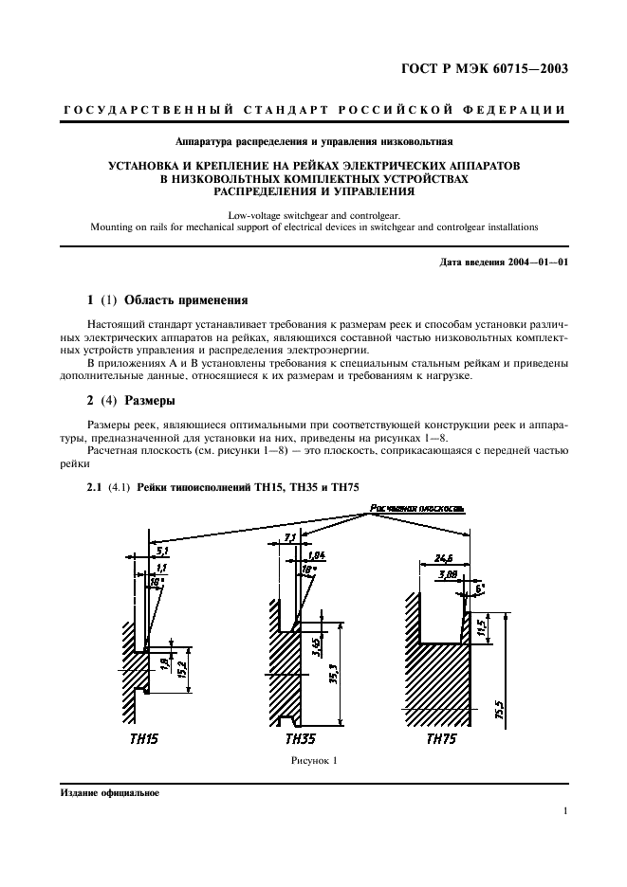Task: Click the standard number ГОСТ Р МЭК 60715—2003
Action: tap(485, 69)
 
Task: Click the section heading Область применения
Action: tap(186, 299)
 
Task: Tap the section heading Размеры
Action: tap(150, 401)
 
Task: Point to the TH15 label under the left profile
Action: tap(144, 739)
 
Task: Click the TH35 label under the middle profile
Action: tap(300, 739)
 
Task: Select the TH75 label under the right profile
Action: tap(441, 739)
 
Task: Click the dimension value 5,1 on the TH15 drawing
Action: tap(161, 550)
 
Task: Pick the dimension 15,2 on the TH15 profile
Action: tap(181, 671)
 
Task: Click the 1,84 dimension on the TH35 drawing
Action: tap(317, 555)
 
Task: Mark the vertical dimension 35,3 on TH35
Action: tap(334, 675)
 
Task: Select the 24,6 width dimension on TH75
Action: tap(444, 558)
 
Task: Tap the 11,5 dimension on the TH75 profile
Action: tap(482, 628)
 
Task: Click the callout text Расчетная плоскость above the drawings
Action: tap(417, 509)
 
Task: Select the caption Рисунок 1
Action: tap(314, 761)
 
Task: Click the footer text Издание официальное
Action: tap(109, 793)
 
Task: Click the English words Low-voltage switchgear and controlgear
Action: tap(314, 215)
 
